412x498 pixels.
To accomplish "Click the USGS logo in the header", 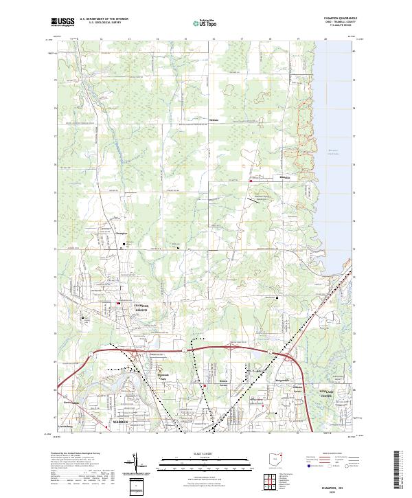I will [x=62, y=22].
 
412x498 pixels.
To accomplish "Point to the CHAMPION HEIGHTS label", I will [x=141, y=308].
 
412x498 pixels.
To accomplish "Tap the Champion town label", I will [x=122, y=234].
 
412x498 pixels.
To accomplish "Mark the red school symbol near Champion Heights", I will [x=119, y=304].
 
